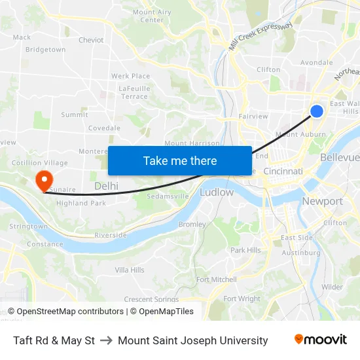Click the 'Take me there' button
(x=180, y=160)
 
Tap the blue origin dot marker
(x=316, y=111)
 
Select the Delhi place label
(x=106, y=187)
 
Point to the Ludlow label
(x=217, y=192)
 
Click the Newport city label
(x=322, y=202)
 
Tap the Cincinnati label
(x=283, y=171)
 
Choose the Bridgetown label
(x=46, y=50)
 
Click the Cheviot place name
(x=91, y=40)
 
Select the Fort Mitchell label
(x=217, y=279)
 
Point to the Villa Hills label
(x=130, y=270)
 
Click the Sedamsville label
(x=168, y=196)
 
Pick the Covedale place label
(x=105, y=128)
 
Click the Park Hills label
(x=245, y=250)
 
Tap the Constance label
(x=45, y=244)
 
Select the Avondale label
(x=316, y=63)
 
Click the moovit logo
(x=320, y=340)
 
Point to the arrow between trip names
(x=106, y=340)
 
